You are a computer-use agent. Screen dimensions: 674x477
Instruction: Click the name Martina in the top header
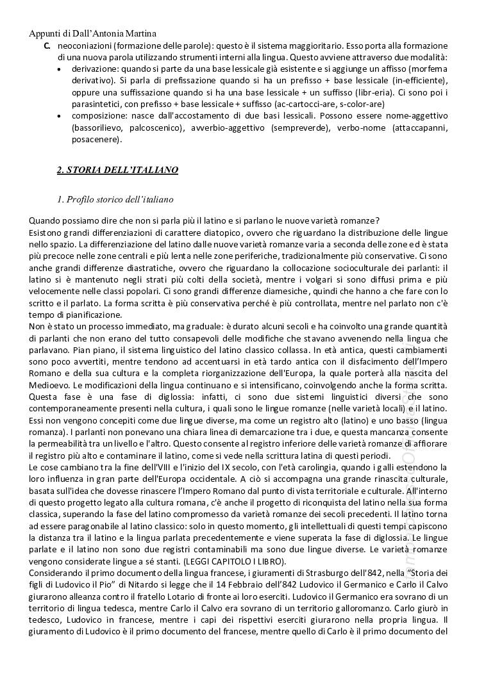point(137,34)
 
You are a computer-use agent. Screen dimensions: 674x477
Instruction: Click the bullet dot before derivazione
point(60,69)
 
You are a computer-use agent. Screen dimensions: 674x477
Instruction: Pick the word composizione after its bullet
point(97,115)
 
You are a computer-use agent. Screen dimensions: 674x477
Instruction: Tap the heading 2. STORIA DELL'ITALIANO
point(117,170)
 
